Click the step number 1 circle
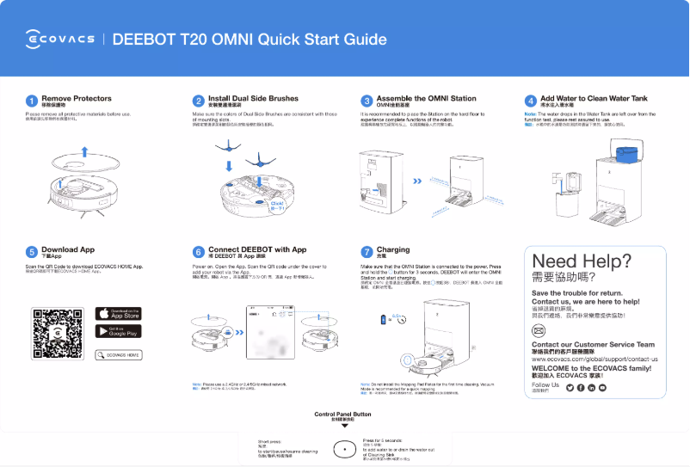pyautogui.click(x=32, y=101)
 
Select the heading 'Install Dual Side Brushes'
pyautogui.click(x=253, y=99)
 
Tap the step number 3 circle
pyautogui.click(x=367, y=101)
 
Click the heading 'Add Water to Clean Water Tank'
pyautogui.click(x=594, y=99)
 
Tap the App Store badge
pyautogui.click(x=118, y=314)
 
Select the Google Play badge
pyautogui.click(x=118, y=332)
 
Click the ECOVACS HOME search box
pyautogui.click(x=120, y=354)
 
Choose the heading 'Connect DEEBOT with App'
pyautogui.click(x=257, y=249)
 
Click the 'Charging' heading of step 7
pyautogui.click(x=393, y=249)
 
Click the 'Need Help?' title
pyautogui.click(x=581, y=261)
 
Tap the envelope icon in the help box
pyautogui.click(x=539, y=330)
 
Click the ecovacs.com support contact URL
pyautogui.click(x=595, y=359)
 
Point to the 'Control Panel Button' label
pyautogui.click(x=343, y=414)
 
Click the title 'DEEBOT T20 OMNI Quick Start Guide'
pyautogui.click(x=250, y=40)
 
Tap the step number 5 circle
pyautogui.click(x=32, y=252)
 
